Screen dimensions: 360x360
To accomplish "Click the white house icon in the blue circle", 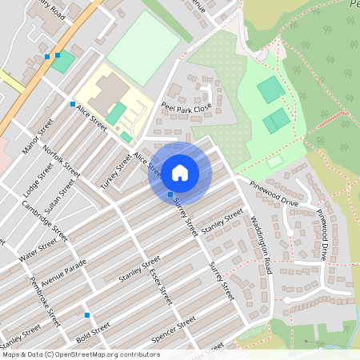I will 180,173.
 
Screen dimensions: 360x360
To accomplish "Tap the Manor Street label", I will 38,137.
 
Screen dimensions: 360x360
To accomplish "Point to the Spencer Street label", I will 174,330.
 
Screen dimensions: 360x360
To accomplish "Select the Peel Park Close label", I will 186,106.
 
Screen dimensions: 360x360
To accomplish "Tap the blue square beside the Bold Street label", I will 86,315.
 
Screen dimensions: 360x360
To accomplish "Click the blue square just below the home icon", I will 170,194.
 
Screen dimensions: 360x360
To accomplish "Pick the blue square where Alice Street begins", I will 73,104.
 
